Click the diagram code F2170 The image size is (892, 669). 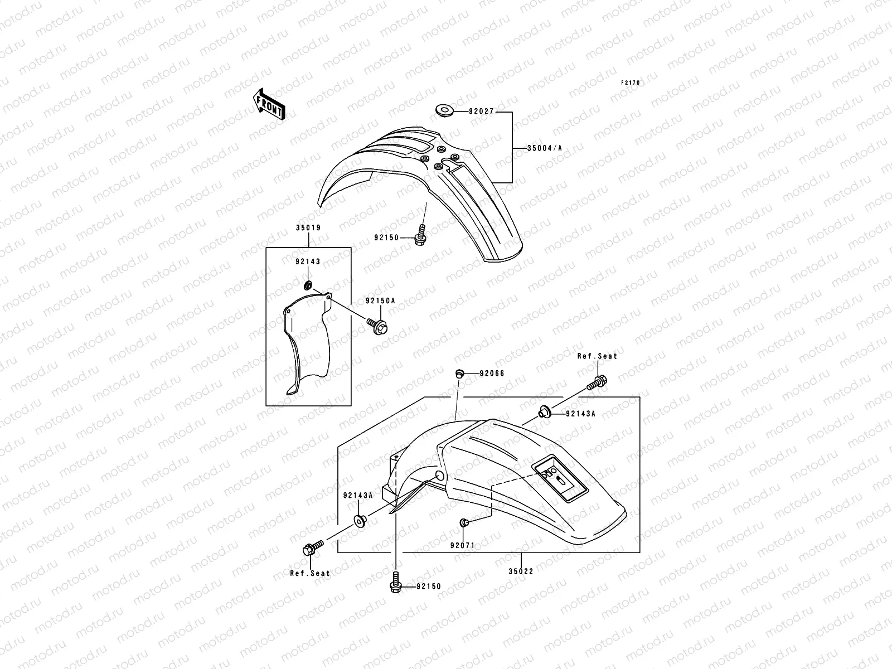point(631,83)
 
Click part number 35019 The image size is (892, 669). point(308,228)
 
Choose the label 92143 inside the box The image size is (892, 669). point(308,261)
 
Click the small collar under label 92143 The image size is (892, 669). point(307,286)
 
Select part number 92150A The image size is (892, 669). point(380,300)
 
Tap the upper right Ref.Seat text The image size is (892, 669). point(597,356)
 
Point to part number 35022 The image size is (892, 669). point(521,571)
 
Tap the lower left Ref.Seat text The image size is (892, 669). point(310,573)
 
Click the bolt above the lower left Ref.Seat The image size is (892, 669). point(312,547)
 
